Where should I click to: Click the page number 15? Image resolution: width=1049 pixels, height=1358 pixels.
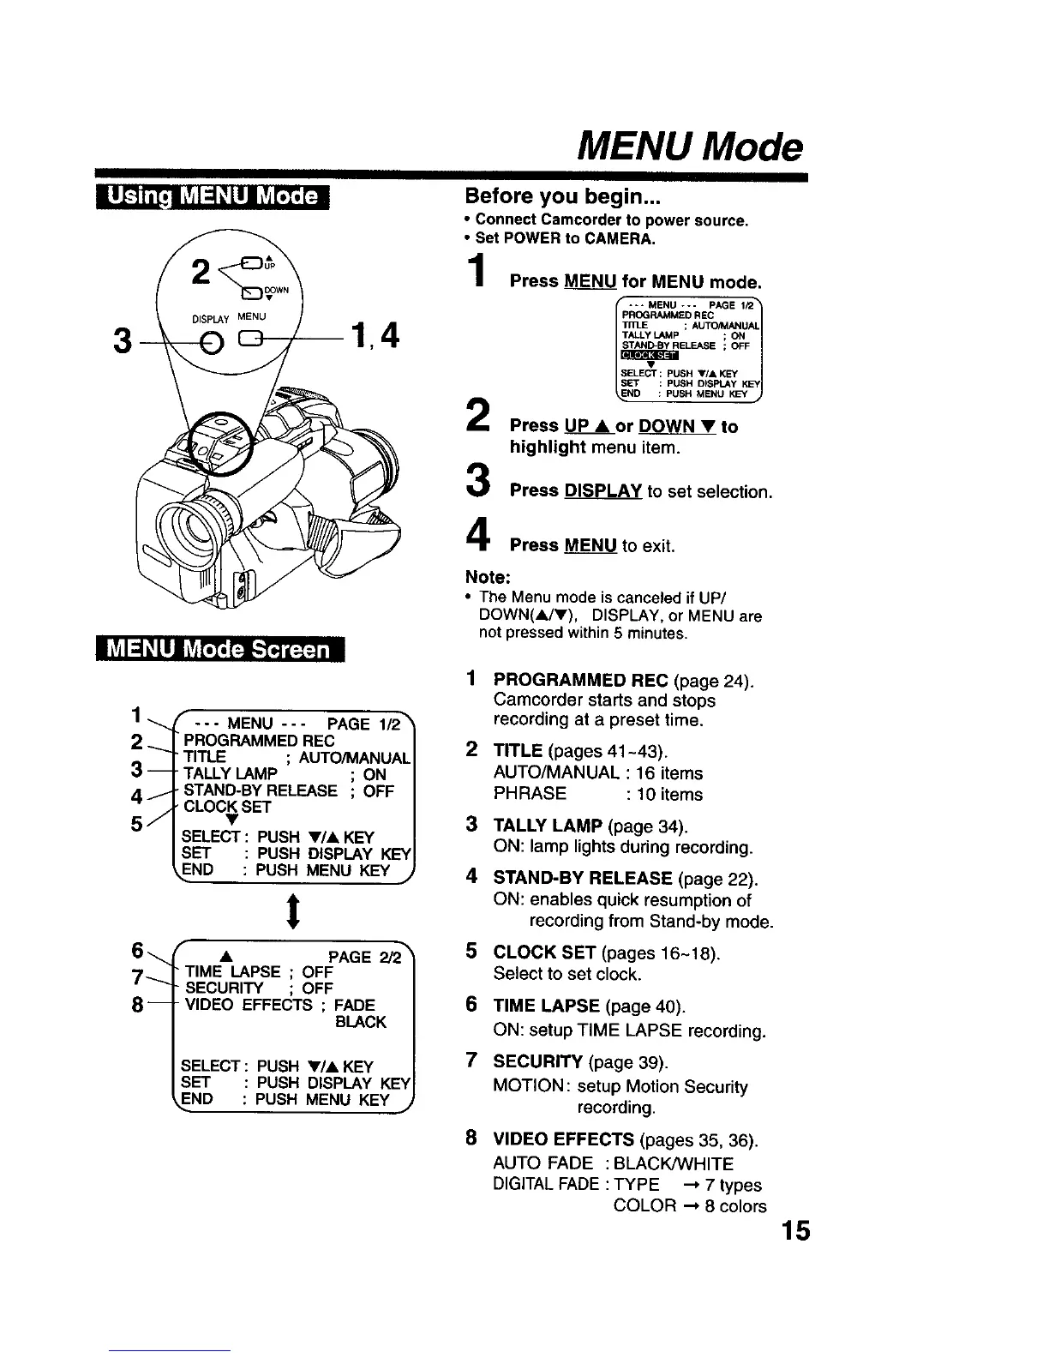[794, 1232]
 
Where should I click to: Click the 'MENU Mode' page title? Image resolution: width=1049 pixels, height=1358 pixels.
[691, 147]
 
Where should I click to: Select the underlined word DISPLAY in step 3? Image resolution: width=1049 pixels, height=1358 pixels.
[602, 491]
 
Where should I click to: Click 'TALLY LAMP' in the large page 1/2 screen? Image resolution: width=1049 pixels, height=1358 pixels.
[231, 774]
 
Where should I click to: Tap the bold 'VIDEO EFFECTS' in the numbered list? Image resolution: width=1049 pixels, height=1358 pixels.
[563, 1139]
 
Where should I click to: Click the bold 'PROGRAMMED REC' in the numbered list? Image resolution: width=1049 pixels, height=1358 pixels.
[580, 681]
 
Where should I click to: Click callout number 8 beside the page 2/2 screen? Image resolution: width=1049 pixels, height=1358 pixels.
[136, 1004]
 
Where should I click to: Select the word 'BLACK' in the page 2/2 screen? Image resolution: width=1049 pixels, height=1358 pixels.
[360, 1022]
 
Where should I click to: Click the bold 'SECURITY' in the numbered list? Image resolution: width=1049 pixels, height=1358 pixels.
[537, 1061]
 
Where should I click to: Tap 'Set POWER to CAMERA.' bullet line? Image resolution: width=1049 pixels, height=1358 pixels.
[565, 239]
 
